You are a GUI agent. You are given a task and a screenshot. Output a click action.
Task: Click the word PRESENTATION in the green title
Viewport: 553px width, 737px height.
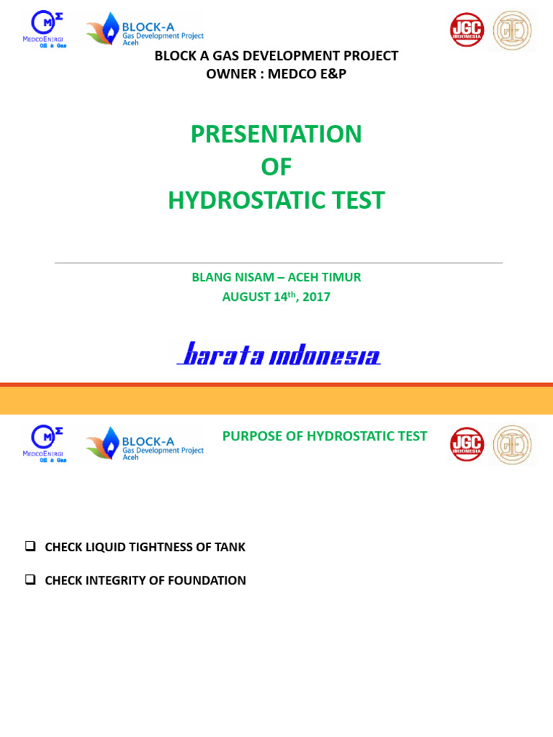(x=276, y=135)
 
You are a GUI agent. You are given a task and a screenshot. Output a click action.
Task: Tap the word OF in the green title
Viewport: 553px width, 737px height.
(x=276, y=167)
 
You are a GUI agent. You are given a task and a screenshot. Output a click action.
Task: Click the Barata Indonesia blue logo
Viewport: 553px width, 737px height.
(x=279, y=354)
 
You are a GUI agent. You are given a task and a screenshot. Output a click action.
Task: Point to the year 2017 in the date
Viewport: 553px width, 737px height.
(x=316, y=297)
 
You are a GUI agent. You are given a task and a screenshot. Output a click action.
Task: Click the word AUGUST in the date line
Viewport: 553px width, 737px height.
(x=246, y=297)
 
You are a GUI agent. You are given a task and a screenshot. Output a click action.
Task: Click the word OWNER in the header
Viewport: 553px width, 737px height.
(x=230, y=74)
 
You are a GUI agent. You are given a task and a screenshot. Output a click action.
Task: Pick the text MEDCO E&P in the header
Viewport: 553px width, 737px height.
(x=307, y=74)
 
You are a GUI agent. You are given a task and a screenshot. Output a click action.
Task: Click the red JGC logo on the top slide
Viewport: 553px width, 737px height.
(x=467, y=30)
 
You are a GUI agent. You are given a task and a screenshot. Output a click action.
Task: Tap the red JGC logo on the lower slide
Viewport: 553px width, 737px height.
(x=467, y=444)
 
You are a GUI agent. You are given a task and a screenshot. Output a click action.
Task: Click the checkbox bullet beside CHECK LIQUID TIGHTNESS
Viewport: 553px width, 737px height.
(x=30, y=546)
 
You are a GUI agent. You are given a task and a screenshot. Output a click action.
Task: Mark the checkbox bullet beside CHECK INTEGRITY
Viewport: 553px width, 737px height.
(x=30, y=579)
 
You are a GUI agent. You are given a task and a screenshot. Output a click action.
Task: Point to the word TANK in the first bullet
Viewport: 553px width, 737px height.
(x=230, y=547)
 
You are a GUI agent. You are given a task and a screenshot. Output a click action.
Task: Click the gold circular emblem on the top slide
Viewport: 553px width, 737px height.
(x=512, y=30)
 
